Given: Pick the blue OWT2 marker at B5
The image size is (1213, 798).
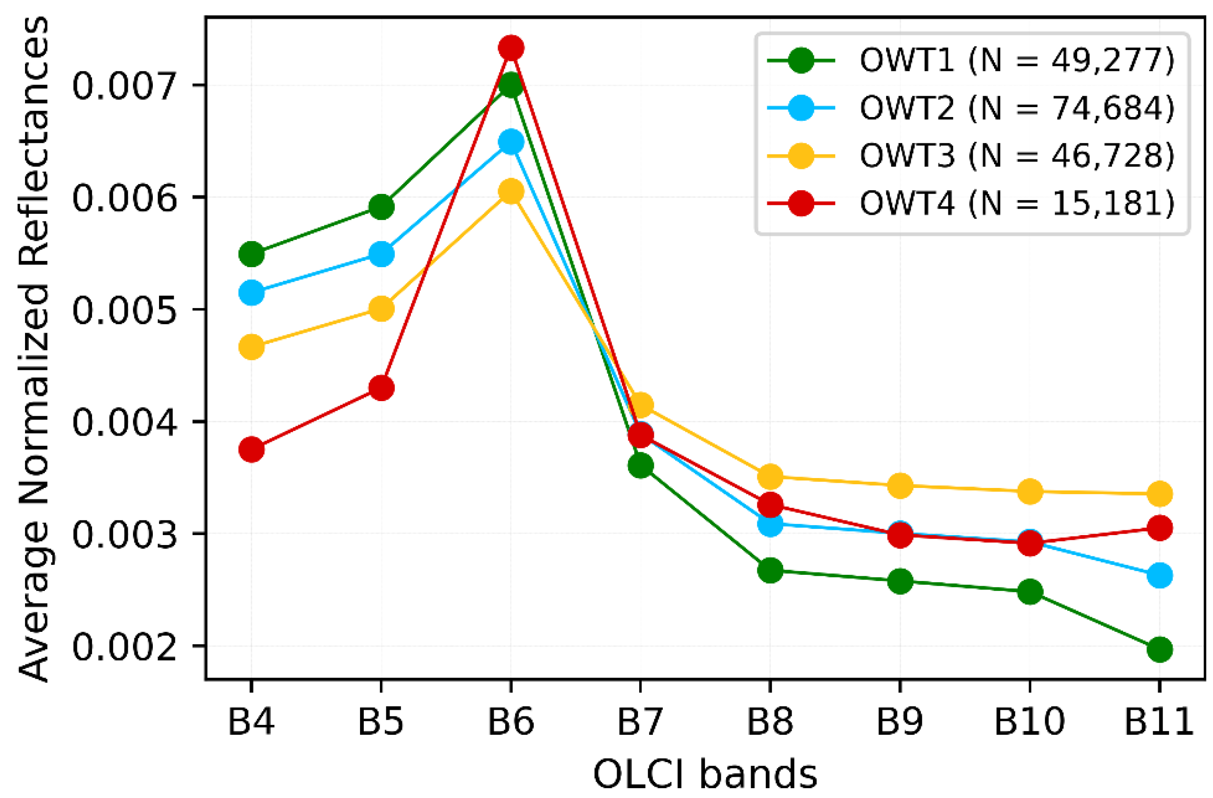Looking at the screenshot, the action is (x=381, y=254).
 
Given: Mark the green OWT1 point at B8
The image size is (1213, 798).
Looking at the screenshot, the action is (x=770, y=570).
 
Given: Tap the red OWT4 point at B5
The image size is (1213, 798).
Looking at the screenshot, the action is (x=381, y=388).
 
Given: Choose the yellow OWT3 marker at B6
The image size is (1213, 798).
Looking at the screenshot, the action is (x=511, y=191).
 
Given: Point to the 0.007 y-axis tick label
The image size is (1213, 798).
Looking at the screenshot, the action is (x=125, y=85).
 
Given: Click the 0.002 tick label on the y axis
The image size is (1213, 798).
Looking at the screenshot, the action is (x=125, y=647).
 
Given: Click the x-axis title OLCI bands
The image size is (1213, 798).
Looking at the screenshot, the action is (x=705, y=773).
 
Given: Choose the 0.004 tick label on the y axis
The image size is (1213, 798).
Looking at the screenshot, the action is (x=125, y=422).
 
